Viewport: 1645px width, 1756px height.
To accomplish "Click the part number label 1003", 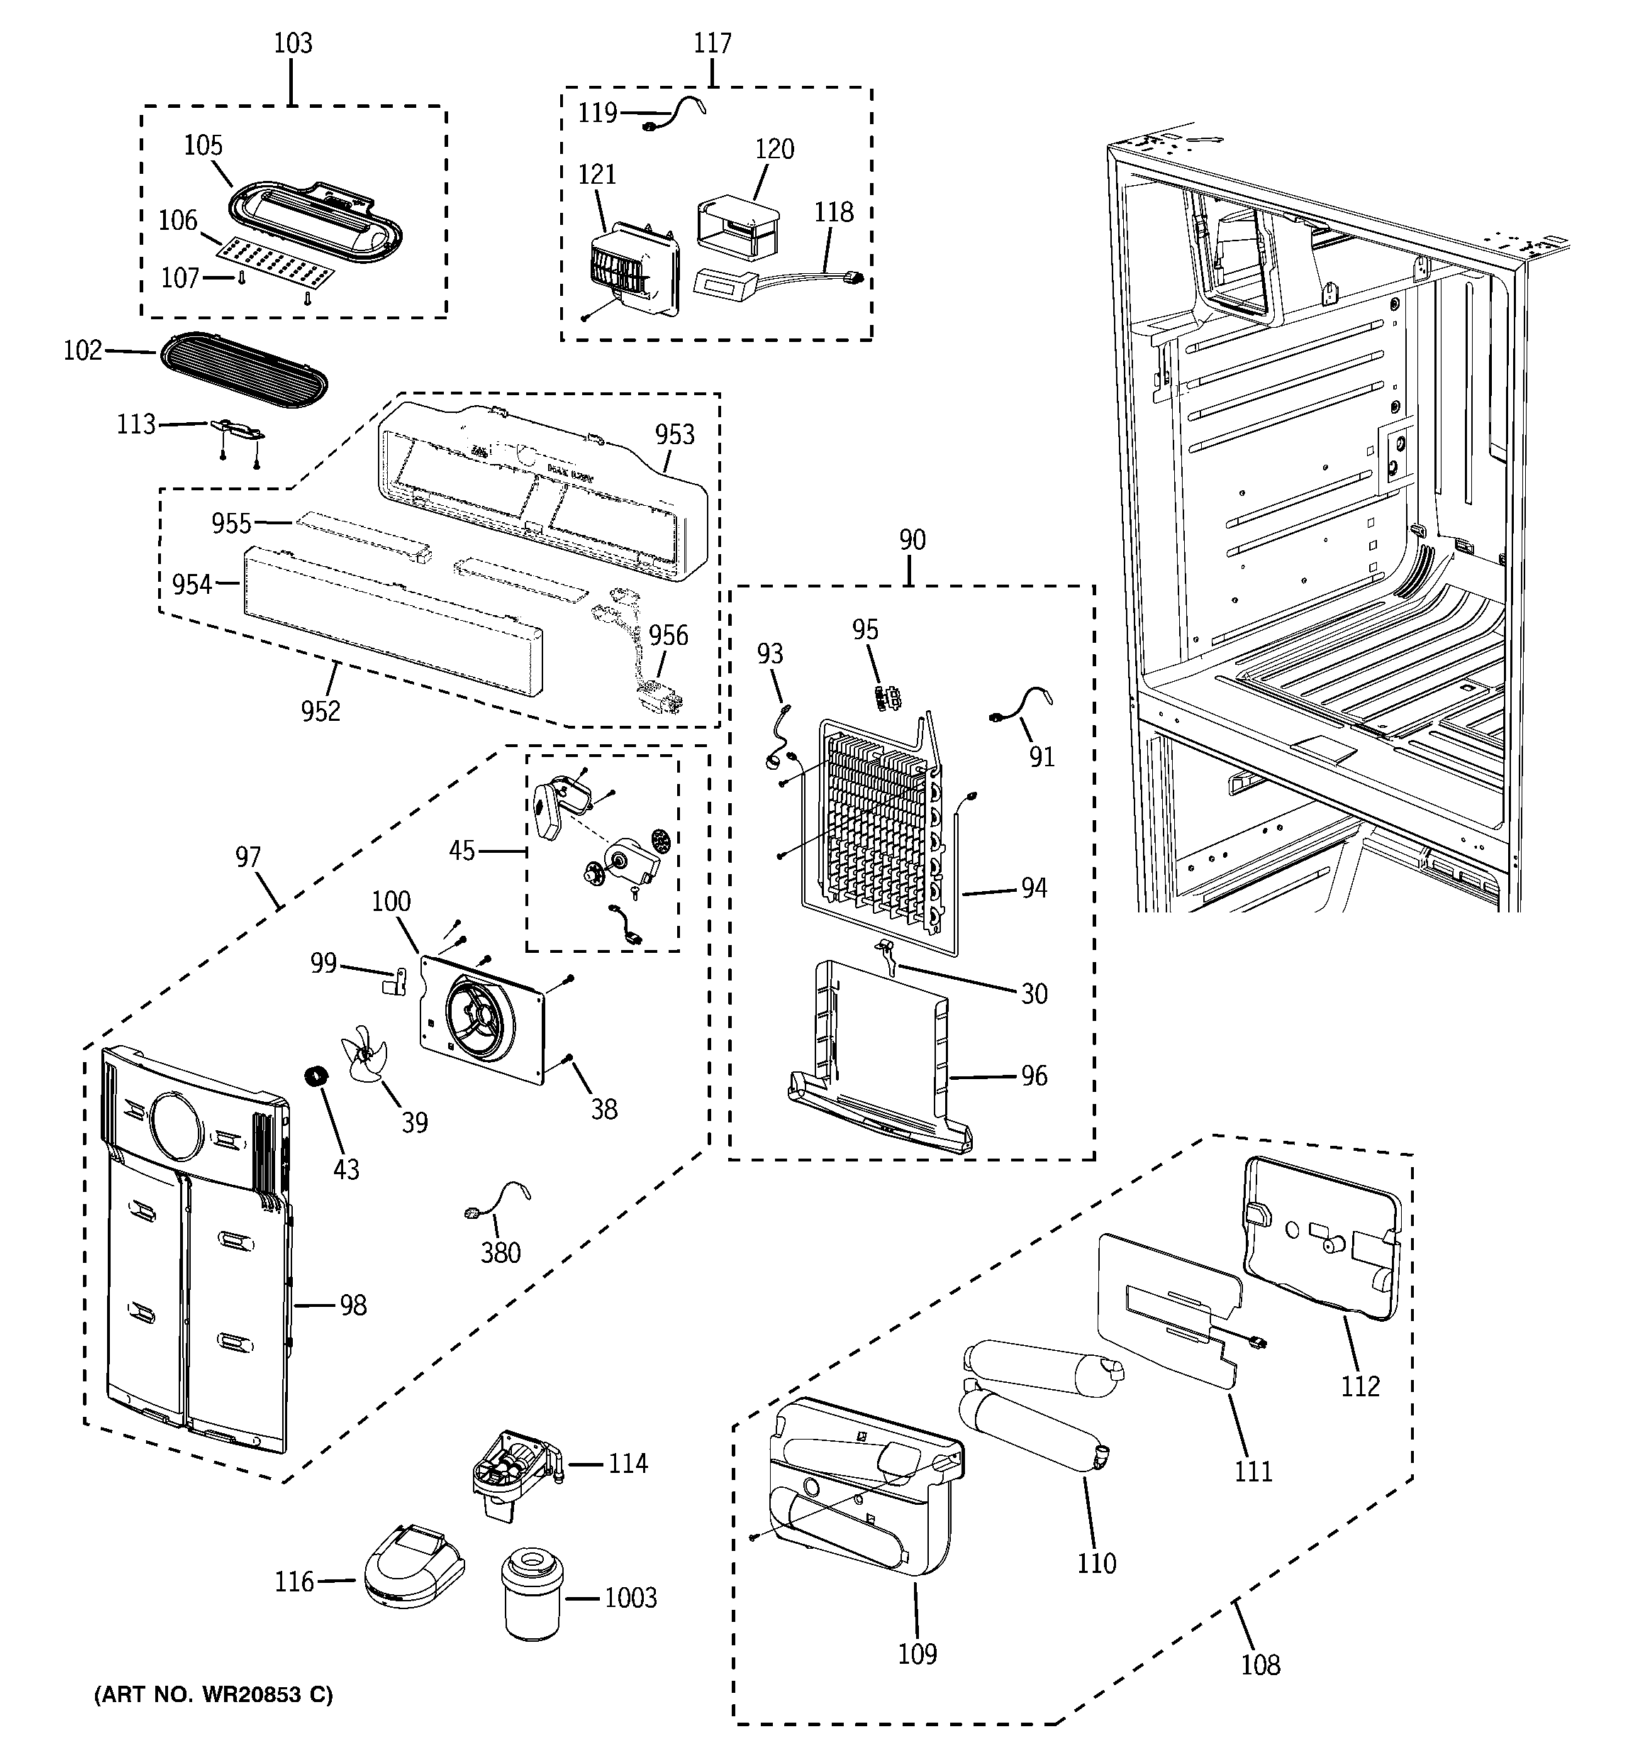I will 630,1598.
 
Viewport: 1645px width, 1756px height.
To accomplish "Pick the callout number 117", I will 712,43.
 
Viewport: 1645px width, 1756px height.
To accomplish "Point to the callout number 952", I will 320,710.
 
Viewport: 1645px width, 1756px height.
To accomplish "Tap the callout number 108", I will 1260,1664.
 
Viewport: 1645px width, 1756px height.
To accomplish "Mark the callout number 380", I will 500,1252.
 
